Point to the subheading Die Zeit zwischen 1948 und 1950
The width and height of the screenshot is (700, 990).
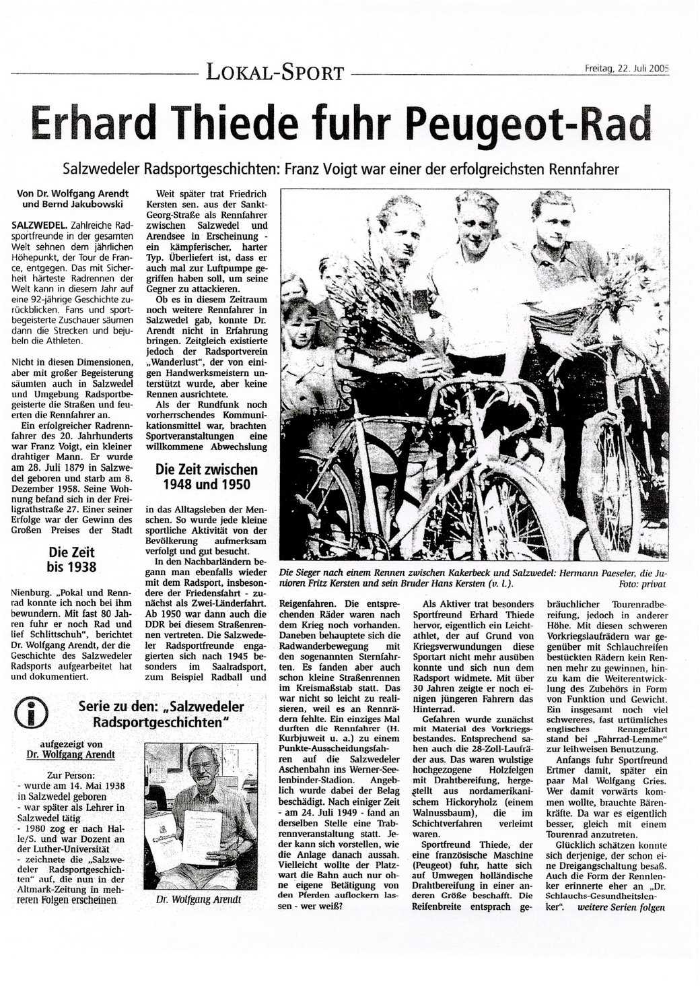tap(207, 477)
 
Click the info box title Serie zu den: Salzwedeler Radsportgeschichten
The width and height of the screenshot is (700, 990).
tap(162, 715)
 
